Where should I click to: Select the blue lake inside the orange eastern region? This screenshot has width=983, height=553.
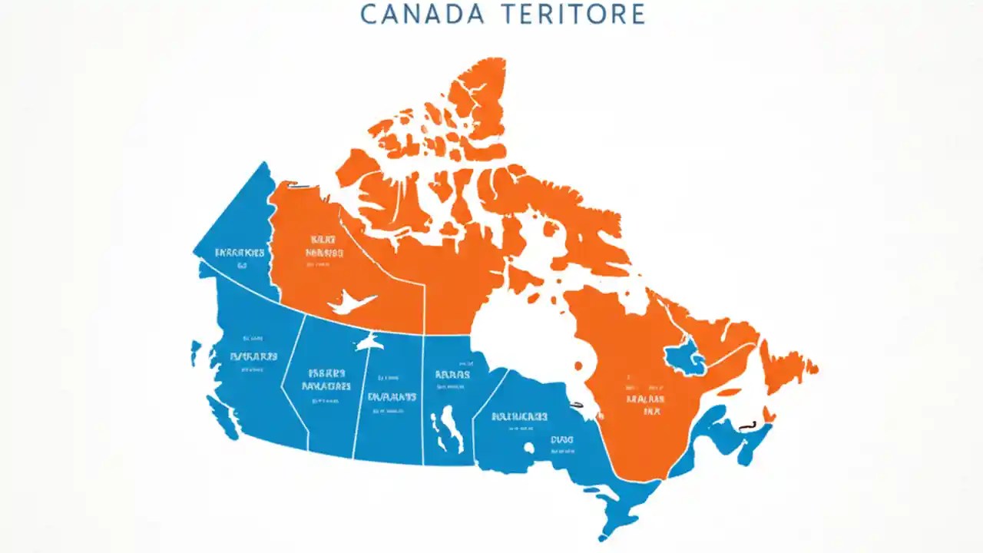click(684, 357)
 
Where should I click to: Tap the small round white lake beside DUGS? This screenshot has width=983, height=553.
click(529, 447)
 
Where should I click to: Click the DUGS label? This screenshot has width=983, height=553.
click(561, 440)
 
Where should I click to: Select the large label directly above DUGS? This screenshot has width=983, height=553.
click(519, 416)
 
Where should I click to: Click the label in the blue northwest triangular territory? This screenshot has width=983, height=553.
click(240, 252)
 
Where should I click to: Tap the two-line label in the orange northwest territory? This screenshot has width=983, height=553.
click(323, 245)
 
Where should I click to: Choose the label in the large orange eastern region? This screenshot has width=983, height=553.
click(644, 404)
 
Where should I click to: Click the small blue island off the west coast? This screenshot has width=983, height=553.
click(197, 354)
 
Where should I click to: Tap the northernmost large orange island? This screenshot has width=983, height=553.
click(476, 92)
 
